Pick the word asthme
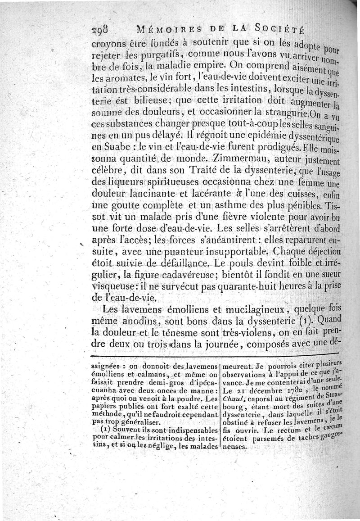click(x=216, y=207)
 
